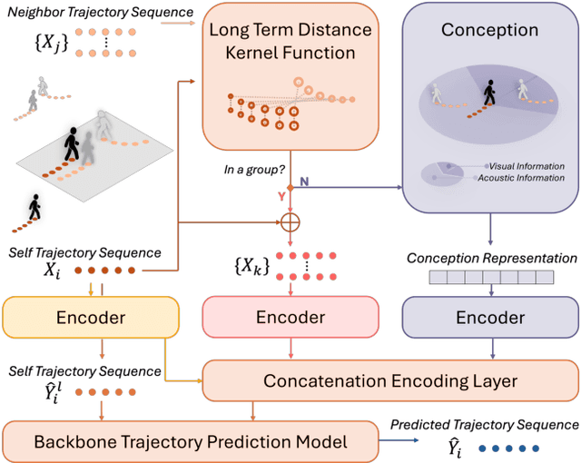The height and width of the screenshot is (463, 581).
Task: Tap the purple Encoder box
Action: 489,319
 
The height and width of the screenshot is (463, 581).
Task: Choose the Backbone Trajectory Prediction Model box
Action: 178,442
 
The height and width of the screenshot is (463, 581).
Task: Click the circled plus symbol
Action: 290,221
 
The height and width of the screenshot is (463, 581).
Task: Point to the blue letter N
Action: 304,182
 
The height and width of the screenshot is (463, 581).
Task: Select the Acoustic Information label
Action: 527,179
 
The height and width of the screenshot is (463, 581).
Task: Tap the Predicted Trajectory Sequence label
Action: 484,424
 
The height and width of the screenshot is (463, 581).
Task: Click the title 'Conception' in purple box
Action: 489,30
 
